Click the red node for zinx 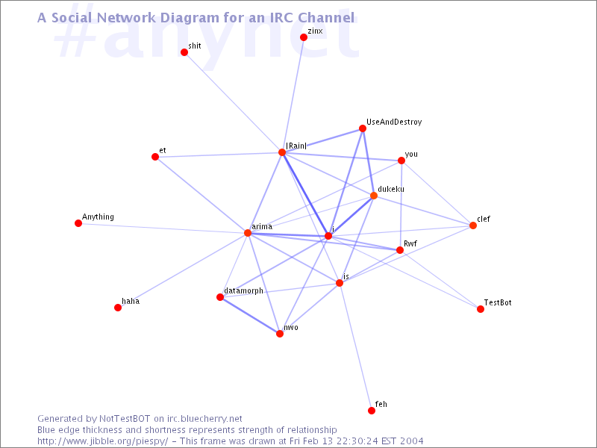pyautogui.click(x=304, y=37)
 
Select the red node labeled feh pyautogui.click(x=372, y=410)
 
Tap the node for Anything pyautogui.click(x=78, y=223)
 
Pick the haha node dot pyautogui.click(x=118, y=308)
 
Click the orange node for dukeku pyautogui.click(x=374, y=196)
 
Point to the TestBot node pyautogui.click(x=481, y=309)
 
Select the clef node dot pyautogui.click(x=473, y=225)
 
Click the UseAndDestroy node pyautogui.click(x=363, y=128)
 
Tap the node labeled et pyautogui.click(x=155, y=157)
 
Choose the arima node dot pyautogui.click(x=248, y=233)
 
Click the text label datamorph pyautogui.click(x=244, y=290)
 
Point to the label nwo pyautogui.click(x=291, y=328)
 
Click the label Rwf pyautogui.click(x=410, y=243)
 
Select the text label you pyautogui.click(x=411, y=155)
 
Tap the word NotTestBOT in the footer pyautogui.click(x=125, y=419)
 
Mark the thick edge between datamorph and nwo pyautogui.click(x=250, y=315)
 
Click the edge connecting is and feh pyautogui.click(x=356, y=346)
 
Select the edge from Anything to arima pyautogui.click(x=163, y=228)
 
